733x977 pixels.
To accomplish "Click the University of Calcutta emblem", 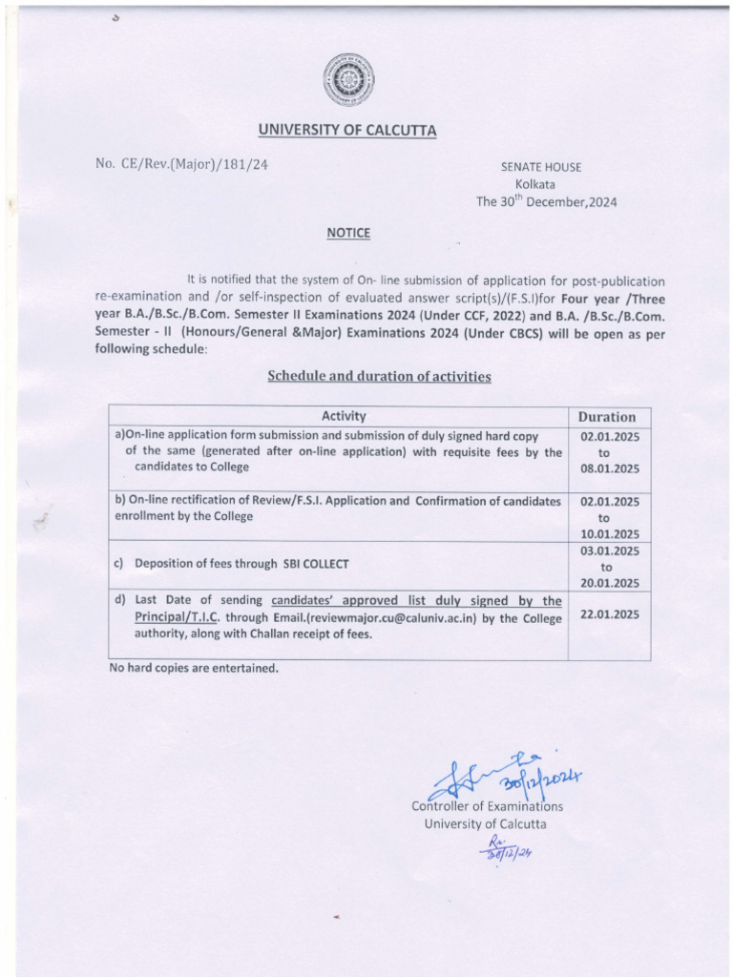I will (x=347, y=81).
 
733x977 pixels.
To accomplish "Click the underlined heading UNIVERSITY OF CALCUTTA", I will (x=347, y=131).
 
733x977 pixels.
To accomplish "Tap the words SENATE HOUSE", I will (x=541, y=167).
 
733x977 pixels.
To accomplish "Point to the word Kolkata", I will (x=535, y=184).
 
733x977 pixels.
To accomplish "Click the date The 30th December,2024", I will (x=547, y=201).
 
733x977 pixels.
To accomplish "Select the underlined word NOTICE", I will (x=347, y=233).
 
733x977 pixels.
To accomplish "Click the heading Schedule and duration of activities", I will (x=379, y=376).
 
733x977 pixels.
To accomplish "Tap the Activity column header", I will (x=344, y=416).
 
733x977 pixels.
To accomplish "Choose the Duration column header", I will (x=606, y=417).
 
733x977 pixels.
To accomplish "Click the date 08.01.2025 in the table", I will (x=609, y=469).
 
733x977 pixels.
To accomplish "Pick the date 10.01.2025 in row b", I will (x=609, y=534).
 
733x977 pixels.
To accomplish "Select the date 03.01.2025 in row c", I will (x=609, y=551).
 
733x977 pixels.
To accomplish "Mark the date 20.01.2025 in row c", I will (x=609, y=583).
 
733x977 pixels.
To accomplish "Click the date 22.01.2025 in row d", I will (x=609, y=615).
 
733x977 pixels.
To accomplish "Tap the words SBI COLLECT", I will (x=316, y=564).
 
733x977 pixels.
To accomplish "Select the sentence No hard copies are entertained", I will (x=194, y=668).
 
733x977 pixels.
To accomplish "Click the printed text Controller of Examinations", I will (x=487, y=807).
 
